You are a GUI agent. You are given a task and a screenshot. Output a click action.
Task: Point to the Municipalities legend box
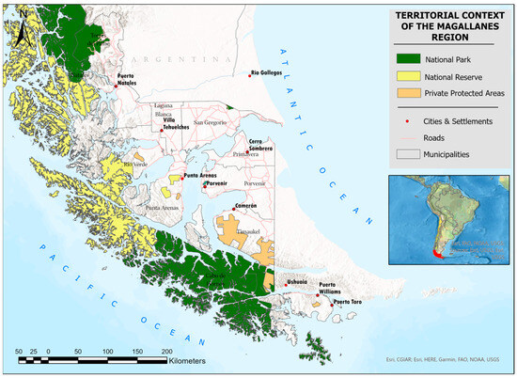click(x=408, y=154)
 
